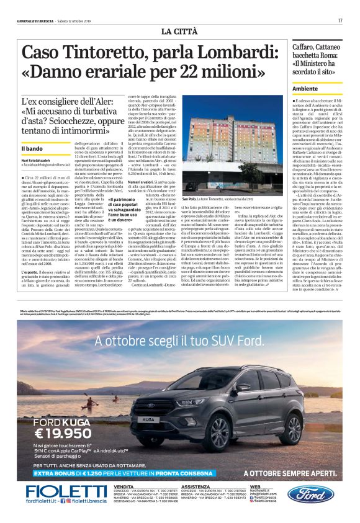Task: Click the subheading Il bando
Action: (x=32, y=149)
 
